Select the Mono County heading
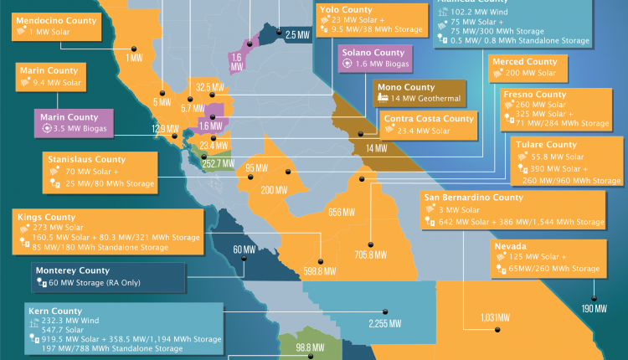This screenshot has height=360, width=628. pyautogui.click(x=406, y=86)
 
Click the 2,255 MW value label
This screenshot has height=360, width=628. pyautogui.click(x=384, y=324)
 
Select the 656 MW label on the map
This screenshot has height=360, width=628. pyautogui.click(x=342, y=211)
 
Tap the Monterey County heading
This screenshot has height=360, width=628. pyautogui.click(x=72, y=270)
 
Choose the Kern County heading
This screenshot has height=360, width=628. pyautogui.click(x=48, y=311)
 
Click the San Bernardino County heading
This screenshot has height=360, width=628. pyautogui.click(x=473, y=198)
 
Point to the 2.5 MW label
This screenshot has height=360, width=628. pyautogui.click(x=296, y=34)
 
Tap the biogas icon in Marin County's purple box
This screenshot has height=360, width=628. pyautogui.click(x=47, y=129)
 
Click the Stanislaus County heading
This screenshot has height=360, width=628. pyautogui.click(x=90, y=157)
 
